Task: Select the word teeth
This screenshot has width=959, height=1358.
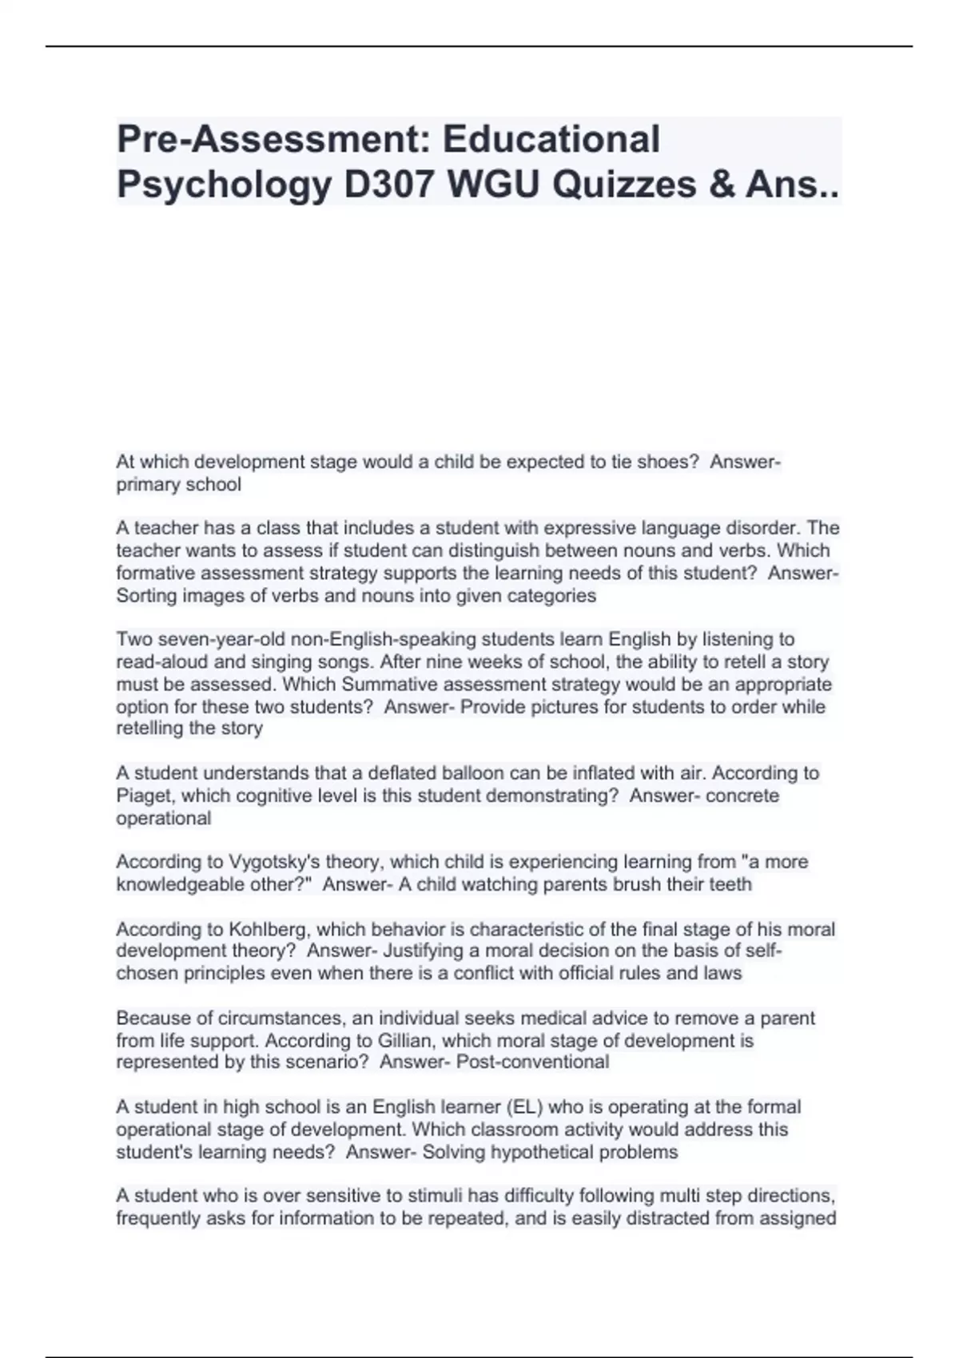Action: (x=729, y=885)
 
